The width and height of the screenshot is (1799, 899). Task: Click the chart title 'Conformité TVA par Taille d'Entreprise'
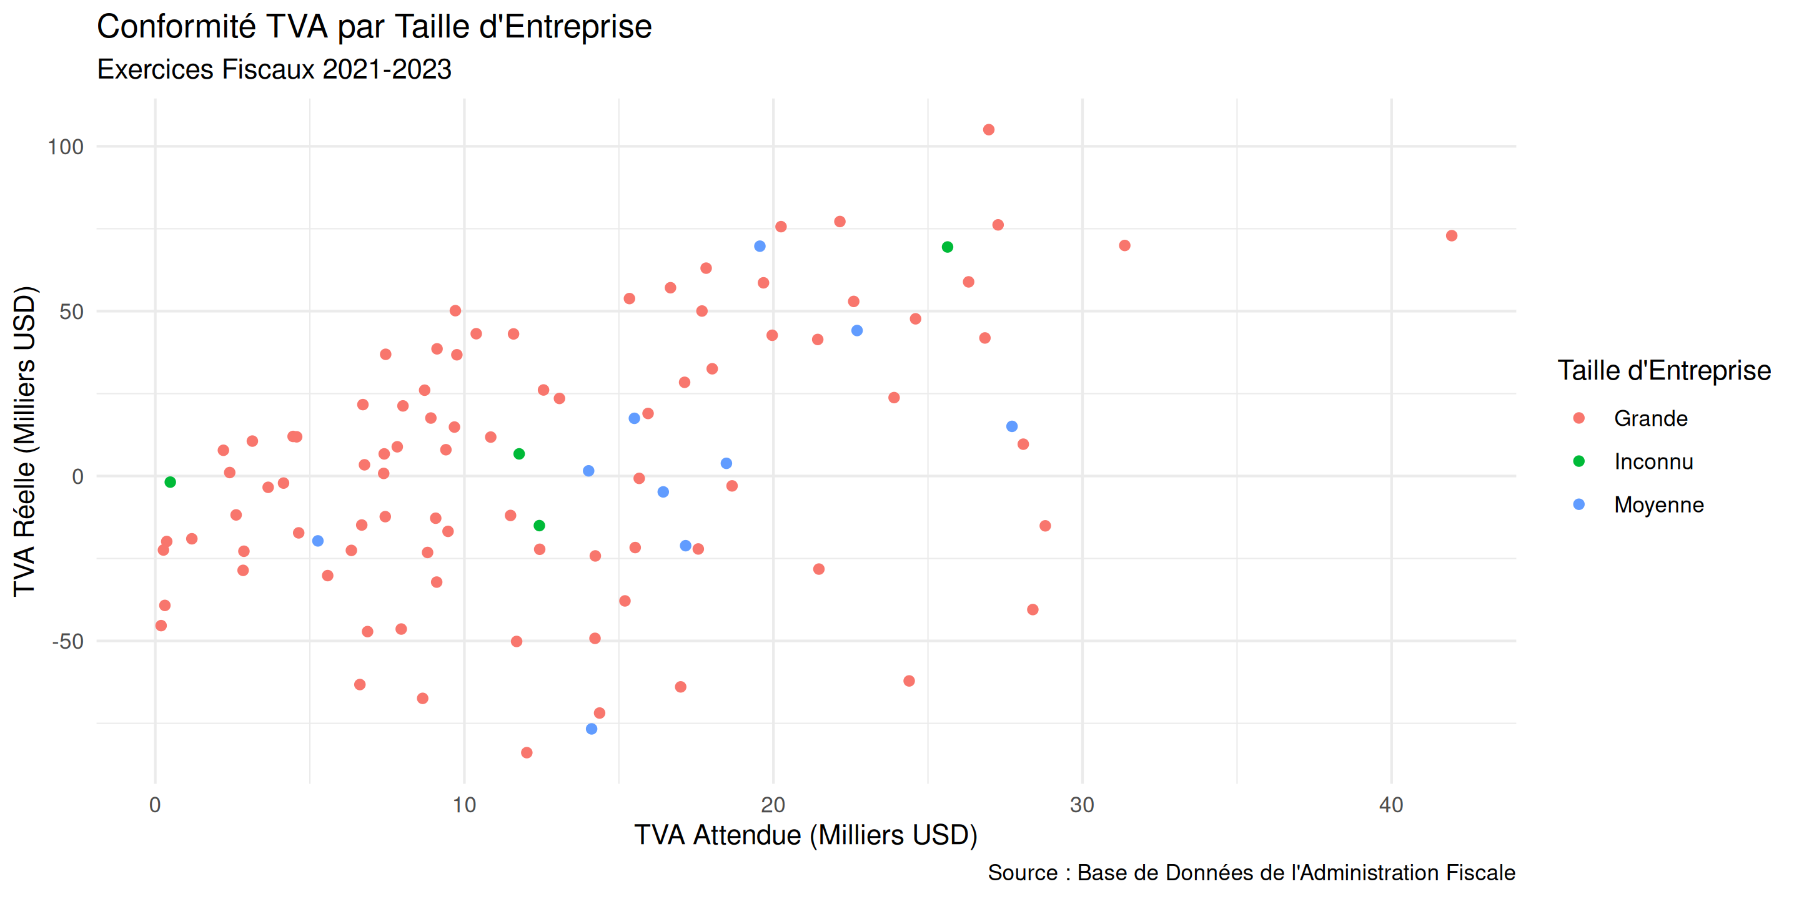[374, 28]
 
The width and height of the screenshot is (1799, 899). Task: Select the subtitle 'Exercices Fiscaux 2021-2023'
[274, 70]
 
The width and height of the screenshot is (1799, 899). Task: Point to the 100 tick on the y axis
[65, 147]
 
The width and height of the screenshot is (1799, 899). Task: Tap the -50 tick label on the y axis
[67, 641]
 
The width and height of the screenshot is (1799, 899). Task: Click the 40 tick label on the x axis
[1390, 805]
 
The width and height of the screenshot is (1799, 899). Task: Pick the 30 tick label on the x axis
[1082, 805]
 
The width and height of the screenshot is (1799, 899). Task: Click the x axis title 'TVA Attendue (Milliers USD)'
[805, 835]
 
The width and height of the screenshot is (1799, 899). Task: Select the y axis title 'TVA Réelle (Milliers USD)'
[24, 441]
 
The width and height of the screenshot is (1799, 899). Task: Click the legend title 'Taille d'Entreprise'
[1663, 371]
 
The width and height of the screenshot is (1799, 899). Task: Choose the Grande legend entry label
[1650, 419]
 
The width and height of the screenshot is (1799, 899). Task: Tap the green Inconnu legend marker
[1578, 461]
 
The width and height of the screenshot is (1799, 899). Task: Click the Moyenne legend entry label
[1658, 504]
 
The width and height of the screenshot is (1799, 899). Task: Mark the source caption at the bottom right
[1251, 873]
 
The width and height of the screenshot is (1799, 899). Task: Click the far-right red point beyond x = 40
[1451, 236]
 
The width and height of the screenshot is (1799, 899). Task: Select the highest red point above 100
[988, 130]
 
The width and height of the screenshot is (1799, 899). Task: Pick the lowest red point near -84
[527, 752]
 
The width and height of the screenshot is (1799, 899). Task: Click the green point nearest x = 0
[170, 483]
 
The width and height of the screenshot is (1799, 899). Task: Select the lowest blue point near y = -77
[592, 729]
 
